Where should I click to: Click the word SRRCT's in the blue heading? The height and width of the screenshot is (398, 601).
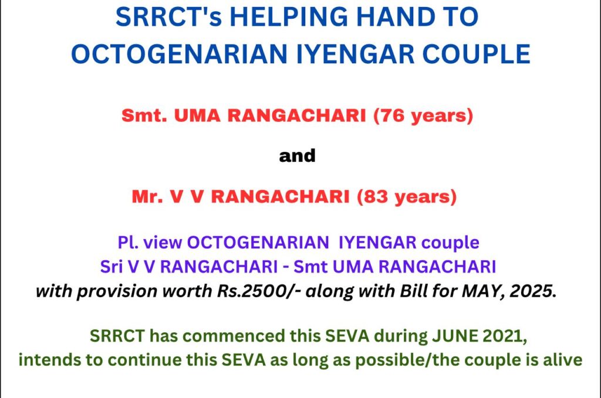(168, 16)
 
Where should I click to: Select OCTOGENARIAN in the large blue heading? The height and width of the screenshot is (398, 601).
(179, 53)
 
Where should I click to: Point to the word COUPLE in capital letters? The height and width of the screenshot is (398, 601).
(477, 53)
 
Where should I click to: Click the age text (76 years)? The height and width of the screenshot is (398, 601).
(424, 115)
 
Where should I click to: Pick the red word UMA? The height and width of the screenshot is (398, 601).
(197, 115)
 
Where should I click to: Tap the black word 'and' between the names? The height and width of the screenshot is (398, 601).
(298, 156)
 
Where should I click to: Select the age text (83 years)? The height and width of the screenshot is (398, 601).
(407, 197)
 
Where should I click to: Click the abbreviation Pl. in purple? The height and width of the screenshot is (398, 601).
(128, 243)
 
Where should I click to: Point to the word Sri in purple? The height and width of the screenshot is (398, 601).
(111, 267)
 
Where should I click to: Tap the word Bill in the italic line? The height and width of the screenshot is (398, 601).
(414, 291)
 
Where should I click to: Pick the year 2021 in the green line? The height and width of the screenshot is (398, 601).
(504, 336)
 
